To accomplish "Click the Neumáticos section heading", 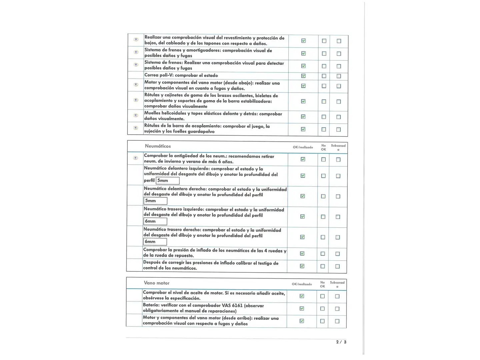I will tap(158, 146).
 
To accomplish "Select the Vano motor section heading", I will tap(156, 283).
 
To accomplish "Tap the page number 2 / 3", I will tap(341, 342).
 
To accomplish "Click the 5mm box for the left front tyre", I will tap(167, 181).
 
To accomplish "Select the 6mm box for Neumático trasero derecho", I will tap(155, 242).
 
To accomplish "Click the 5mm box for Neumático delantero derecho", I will tap(155, 201).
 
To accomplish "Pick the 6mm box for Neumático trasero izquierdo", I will tap(155, 221).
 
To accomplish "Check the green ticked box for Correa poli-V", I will tap(303, 76).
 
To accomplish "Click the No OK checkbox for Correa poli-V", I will tap(324, 76).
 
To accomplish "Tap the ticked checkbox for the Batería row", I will tap(302, 309).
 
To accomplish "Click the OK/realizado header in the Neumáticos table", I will tap(303, 147).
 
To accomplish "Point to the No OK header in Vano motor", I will tap(322, 284).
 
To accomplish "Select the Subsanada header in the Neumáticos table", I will tap(338, 147).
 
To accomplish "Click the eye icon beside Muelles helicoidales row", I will tap(136, 115).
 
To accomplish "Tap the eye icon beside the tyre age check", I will tap(135, 158).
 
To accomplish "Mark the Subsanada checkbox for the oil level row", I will tap(337, 296).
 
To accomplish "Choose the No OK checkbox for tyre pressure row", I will tap(322, 254).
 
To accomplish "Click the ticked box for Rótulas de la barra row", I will tap(303, 129).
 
